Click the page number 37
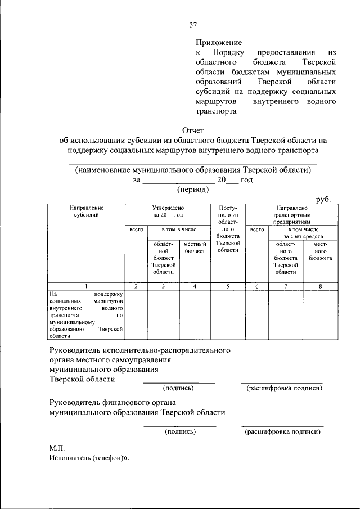point(193,25)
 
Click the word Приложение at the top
point(218,42)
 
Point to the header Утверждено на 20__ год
point(167,211)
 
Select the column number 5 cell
point(228,286)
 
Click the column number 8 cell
point(320,286)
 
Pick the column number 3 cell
point(163,286)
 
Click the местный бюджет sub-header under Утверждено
point(195,247)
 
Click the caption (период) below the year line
point(193,190)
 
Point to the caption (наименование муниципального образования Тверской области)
point(193,169)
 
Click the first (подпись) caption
point(178,388)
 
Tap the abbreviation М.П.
point(57,448)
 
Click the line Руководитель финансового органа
point(112,402)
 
